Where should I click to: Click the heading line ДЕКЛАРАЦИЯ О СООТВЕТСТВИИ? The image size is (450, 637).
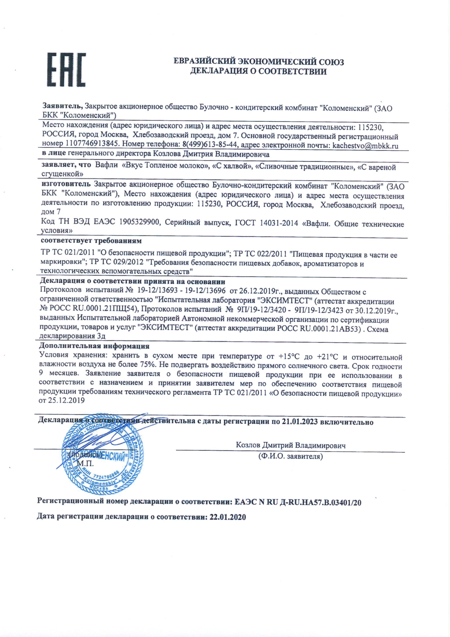(x=258, y=72)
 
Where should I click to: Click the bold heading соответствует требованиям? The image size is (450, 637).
(x=91, y=241)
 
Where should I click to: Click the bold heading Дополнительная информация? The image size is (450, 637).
(x=95, y=346)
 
